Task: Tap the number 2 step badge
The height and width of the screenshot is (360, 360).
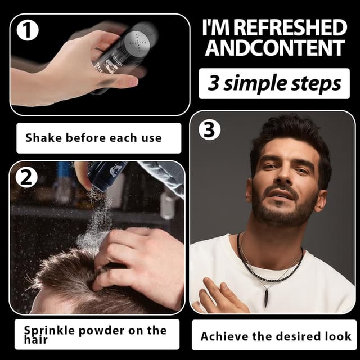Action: click(26, 177)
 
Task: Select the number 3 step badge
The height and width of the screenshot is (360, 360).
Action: click(209, 129)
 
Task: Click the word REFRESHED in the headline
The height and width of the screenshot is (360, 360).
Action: click(291, 28)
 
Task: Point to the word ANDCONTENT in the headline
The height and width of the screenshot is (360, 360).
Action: click(275, 47)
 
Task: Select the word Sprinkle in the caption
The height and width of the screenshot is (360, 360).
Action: click(49, 331)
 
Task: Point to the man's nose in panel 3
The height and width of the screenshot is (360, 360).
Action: click(284, 175)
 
